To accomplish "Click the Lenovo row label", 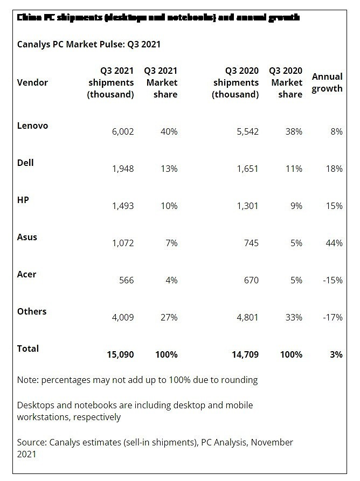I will [32, 126].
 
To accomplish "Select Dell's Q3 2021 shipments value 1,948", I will [122, 169].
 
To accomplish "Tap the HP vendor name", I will [23, 200].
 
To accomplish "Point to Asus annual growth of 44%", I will [334, 243].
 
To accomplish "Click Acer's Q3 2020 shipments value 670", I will [251, 280].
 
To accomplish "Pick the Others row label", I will [32, 311].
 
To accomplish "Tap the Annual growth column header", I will [327, 82].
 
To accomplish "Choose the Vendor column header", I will [32, 82].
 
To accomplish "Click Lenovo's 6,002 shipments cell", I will [122, 131].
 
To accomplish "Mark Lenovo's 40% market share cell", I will [169, 131].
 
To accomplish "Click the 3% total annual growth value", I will [336, 354].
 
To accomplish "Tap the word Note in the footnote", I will [27, 380].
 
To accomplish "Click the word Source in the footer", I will [31, 442].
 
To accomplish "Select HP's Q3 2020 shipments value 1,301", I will [247, 206].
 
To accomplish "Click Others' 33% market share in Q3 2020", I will [294, 317].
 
